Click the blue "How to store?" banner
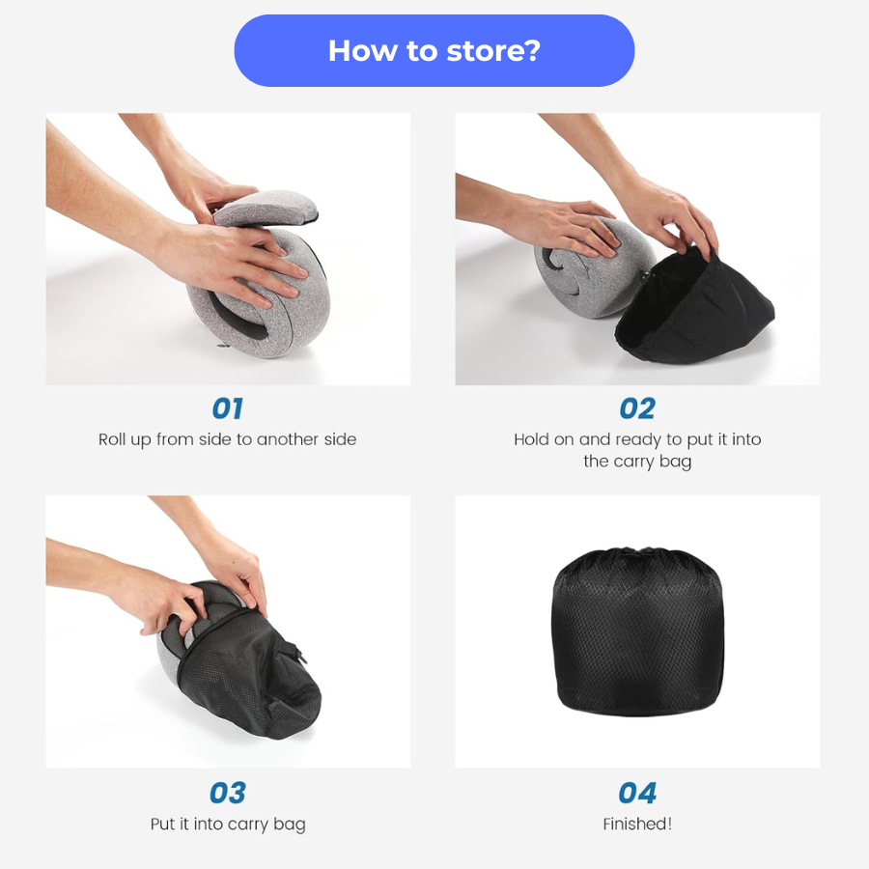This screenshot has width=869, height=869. pyautogui.click(x=434, y=50)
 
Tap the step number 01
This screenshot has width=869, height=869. pyautogui.click(x=227, y=408)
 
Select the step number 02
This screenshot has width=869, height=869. pyautogui.click(x=637, y=408)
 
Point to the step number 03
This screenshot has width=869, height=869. pyautogui.click(x=227, y=793)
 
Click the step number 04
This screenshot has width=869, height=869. pyautogui.click(x=637, y=793)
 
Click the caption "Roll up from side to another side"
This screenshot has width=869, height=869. pyautogui.click(x=227, y=439)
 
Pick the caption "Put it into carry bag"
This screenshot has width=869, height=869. pyautogui.click(x=227, y=824)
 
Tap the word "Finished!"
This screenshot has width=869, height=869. pyautogui.click(x=637, y=824)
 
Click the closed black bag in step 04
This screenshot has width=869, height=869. pyautogui.click(x=637, y=637)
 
